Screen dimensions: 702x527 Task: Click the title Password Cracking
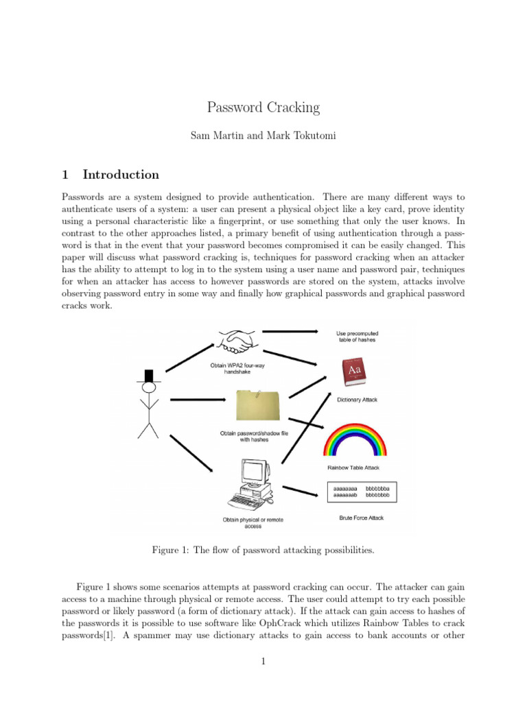coord(263,108)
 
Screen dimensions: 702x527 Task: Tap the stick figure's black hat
coord(148,374)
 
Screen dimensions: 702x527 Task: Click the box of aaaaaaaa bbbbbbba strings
coord(361,490)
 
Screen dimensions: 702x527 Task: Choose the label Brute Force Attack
coord(362,518)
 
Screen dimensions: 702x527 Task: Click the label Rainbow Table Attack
coord(358,469)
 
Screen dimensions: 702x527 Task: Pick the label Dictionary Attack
coord(357,400)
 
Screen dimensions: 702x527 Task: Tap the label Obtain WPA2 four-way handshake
coord(237,368)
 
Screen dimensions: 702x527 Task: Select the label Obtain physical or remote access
coord(253,523)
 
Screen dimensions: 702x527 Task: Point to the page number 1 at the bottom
coord(263,662)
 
